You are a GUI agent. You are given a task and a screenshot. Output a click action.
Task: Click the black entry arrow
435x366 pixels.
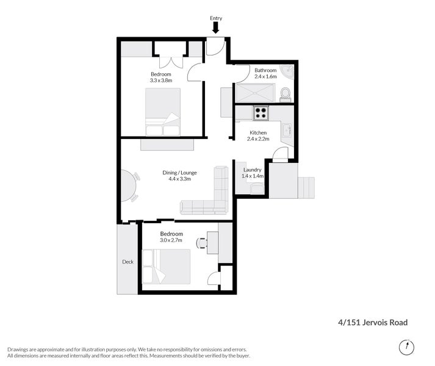(215, 27)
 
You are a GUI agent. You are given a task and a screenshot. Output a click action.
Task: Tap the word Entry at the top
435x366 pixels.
(215, 18)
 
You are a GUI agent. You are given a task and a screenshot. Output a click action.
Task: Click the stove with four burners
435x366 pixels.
(261, 113)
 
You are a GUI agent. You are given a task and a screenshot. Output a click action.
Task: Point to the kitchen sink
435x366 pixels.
(286, 130)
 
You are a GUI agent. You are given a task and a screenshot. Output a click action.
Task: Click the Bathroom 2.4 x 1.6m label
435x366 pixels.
(265, 74)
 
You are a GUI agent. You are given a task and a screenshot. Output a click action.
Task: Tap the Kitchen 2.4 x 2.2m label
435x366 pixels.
(258, 135)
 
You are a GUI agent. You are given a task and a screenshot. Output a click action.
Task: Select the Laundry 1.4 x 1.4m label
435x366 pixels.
(252, 173)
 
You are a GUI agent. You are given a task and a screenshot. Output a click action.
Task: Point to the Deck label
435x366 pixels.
(128, 262)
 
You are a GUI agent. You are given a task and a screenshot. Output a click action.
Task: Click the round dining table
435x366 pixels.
(126, 185)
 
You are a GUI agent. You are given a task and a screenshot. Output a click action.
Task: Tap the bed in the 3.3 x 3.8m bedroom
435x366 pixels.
(163, 111)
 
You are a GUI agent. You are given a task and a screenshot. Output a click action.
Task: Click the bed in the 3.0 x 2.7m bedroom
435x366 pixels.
(165, 266)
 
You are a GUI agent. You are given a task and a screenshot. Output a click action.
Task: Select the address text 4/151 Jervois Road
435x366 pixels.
(373, 323)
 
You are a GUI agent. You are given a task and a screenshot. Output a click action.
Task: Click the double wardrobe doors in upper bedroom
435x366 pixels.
(170, 62)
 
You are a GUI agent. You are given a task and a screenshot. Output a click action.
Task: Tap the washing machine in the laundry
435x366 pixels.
(257, 188)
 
